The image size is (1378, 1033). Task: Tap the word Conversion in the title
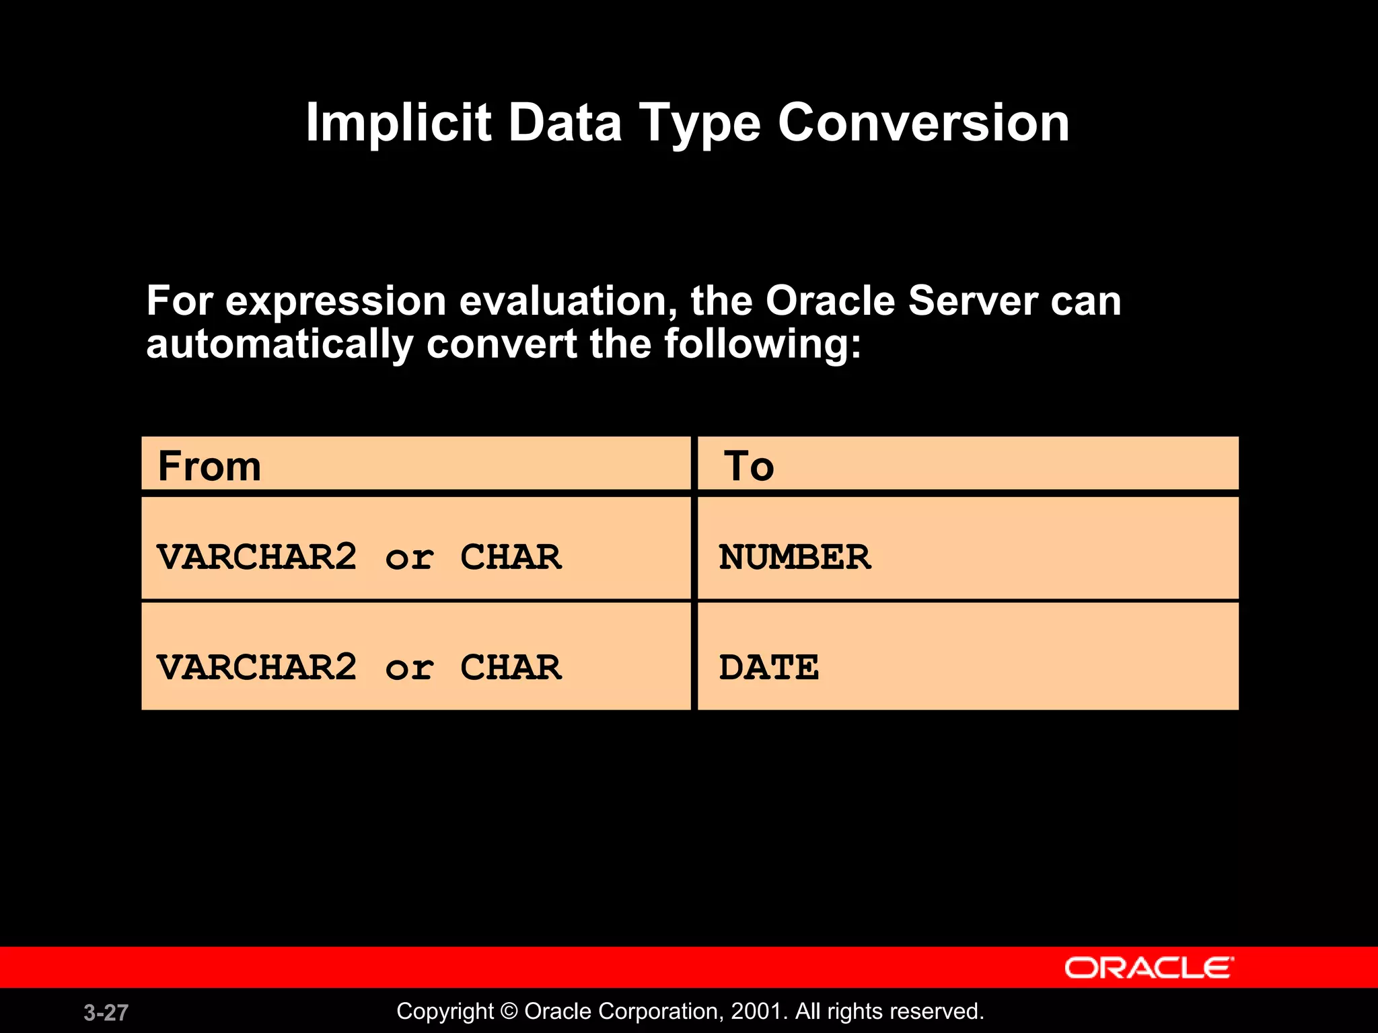923,123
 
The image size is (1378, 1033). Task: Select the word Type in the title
699,124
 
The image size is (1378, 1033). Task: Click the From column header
209,466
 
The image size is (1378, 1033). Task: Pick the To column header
749,466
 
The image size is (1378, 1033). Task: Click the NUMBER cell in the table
795,557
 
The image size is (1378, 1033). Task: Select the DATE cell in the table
769,667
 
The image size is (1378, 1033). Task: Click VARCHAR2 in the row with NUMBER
256,557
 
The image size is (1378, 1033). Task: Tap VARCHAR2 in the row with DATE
256,667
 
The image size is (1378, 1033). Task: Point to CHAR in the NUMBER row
511,557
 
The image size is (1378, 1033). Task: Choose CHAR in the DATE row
511,667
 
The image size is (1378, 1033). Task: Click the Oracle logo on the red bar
1149,968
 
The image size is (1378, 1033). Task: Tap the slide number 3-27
106,1013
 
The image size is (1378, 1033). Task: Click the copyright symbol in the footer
509,1011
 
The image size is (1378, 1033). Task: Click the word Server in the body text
973,301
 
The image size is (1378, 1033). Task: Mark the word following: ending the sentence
762,344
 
